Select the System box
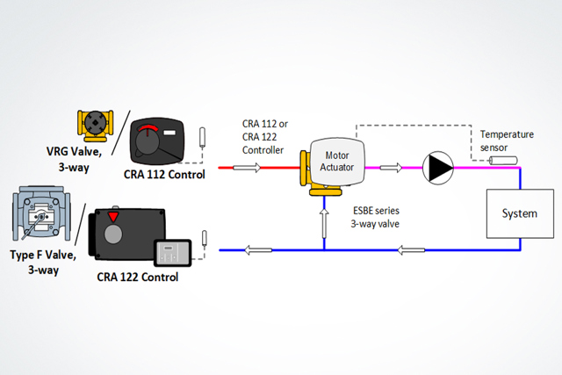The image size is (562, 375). coord(519,213)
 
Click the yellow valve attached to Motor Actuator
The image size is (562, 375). coord(307,167)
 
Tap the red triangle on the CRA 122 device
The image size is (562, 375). coord(113,217)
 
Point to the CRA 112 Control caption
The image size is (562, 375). coord(166,174)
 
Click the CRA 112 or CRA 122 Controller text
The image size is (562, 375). coord(263,136)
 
